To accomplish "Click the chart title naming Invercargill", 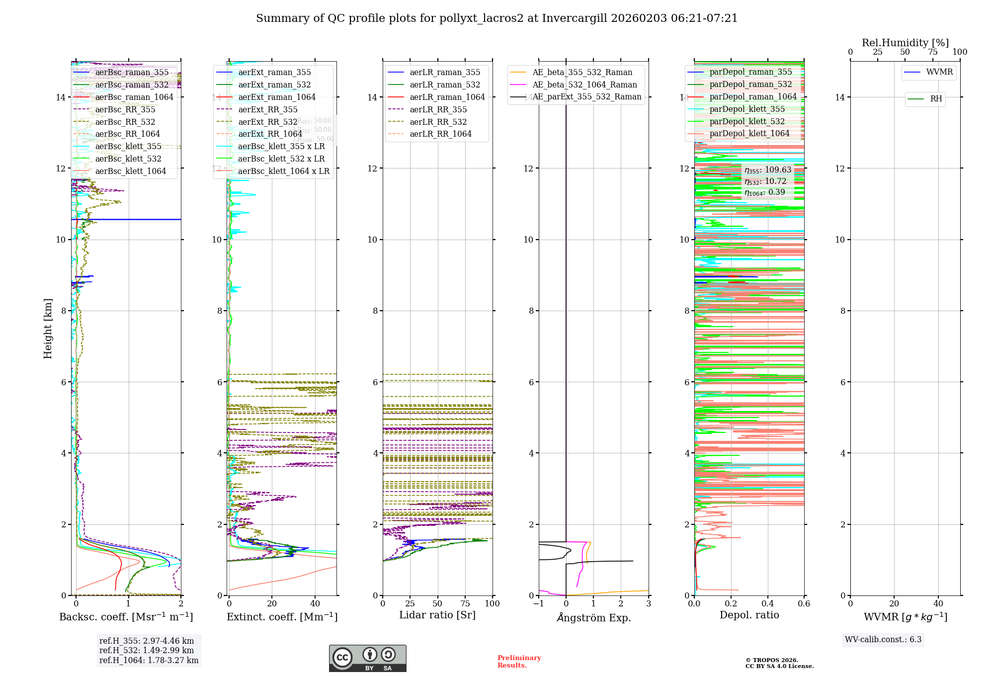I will [497, 18].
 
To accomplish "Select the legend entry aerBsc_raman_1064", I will [134, 97].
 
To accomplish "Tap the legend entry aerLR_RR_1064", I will [440, 134].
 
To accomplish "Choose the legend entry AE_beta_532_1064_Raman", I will [584, 85].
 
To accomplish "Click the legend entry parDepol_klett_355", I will [747, 109].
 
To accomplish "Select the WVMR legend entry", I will [939, 72].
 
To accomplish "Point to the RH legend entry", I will [936, 99].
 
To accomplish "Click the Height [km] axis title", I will [48, 328].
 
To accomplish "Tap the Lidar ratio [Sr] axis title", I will [437, 615].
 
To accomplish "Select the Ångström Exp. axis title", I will [594, 618].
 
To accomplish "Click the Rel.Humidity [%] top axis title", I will [905, 43].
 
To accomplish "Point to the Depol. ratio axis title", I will [749, 615].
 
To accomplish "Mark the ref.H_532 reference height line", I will [147, 651].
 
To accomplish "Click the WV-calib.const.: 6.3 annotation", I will [883, 640].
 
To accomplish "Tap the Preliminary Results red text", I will [519, 662].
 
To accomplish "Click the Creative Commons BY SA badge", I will [367, 659].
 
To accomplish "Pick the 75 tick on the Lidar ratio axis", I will [465, 603].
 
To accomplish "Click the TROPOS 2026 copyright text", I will [779, 663].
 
